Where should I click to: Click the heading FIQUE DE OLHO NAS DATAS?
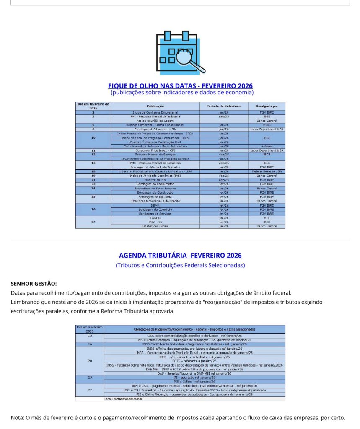coord(180,86)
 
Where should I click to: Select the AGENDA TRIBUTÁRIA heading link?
coord(180,255)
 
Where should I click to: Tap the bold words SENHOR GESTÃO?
coord(34,284)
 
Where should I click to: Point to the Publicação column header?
coord(155,106)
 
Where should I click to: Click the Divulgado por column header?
coord(267,106)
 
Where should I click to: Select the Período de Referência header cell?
coord(224,106)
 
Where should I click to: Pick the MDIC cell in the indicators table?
coord(267,125)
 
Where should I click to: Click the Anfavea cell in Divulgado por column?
coord(267,146)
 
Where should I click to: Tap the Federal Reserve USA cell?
coord(267,171)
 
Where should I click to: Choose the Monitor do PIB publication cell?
coord(155,180)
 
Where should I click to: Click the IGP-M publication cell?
coord(155,205)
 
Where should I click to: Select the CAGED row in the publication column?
coord(155,218)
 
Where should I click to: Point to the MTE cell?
coord(267,218)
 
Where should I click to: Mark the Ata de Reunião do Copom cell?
coord(155,121)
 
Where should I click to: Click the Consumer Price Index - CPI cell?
coord(155,150)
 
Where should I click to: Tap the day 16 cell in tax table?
coord(90,344)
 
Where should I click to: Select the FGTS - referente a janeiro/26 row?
coord(194,361)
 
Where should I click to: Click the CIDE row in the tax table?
coord(194,336)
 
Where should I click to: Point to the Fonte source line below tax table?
coord(124,399)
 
